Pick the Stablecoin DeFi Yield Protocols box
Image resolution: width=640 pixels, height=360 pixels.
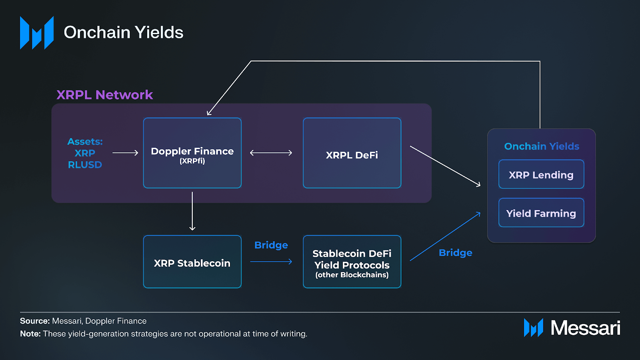pos(352,262)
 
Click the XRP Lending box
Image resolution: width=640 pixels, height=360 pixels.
pos(541,175)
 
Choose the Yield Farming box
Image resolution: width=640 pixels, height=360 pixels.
pos(541,213)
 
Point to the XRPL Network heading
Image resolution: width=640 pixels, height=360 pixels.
pos(104,95)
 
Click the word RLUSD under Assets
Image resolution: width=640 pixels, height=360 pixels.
pos(85,165)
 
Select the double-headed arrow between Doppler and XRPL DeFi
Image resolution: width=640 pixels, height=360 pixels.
pos(271,153)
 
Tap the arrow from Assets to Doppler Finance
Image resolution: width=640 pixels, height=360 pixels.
pos(125,153)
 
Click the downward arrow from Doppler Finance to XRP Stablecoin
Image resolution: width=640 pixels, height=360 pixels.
pos(192,211)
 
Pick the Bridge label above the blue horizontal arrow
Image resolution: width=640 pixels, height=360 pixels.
pos(271,245)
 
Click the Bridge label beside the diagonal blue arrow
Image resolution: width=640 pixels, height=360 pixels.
pos(455,253)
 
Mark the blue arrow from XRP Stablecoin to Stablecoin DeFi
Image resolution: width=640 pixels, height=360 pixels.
pos(271,262)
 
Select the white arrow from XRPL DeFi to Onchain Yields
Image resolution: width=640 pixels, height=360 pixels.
pos(445,166)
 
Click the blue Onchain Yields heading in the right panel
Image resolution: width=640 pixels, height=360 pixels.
pos(542,146)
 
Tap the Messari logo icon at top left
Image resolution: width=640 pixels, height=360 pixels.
pos(37,33)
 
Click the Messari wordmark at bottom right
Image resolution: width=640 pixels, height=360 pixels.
pos(585,328)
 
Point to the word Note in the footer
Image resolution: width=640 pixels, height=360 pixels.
pos(30,334)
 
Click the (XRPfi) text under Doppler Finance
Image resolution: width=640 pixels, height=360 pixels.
pos(192,161)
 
